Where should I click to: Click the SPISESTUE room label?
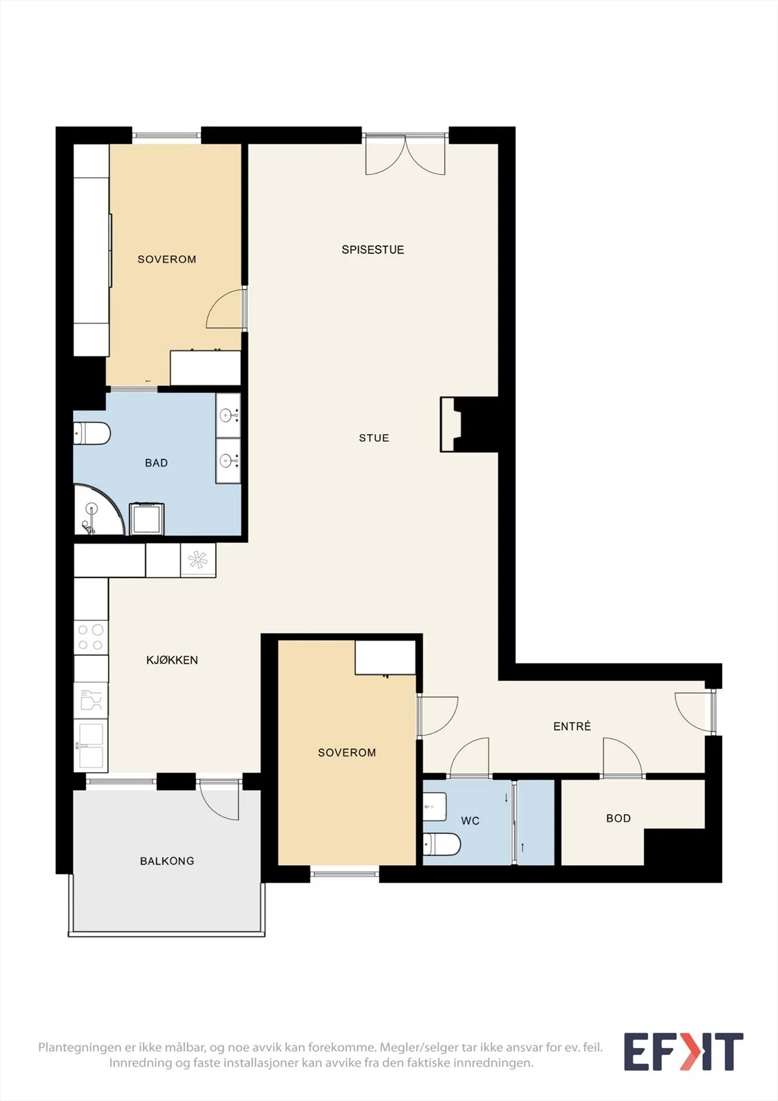[x=373, y=250]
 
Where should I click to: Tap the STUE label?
[x=374, y=438]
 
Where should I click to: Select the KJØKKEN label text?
[x=172, y=660]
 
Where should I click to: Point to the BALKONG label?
[x=167, y=861]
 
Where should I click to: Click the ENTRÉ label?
[x=572, y=726]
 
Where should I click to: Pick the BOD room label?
[x=618, y=818]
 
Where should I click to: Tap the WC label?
[x=470, y=820]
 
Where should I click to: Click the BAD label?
[x=156, y=462]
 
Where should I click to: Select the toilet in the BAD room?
[x=92, y=433]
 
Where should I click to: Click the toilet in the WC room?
[x=442, y=844]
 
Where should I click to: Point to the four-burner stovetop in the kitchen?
[x=91, y=637]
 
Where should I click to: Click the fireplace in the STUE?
[x=451, y=424]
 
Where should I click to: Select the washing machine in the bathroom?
[x=147, y=518]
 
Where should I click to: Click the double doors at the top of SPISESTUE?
[x=405, y=154]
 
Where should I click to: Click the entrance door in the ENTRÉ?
[x=694, y=712]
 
